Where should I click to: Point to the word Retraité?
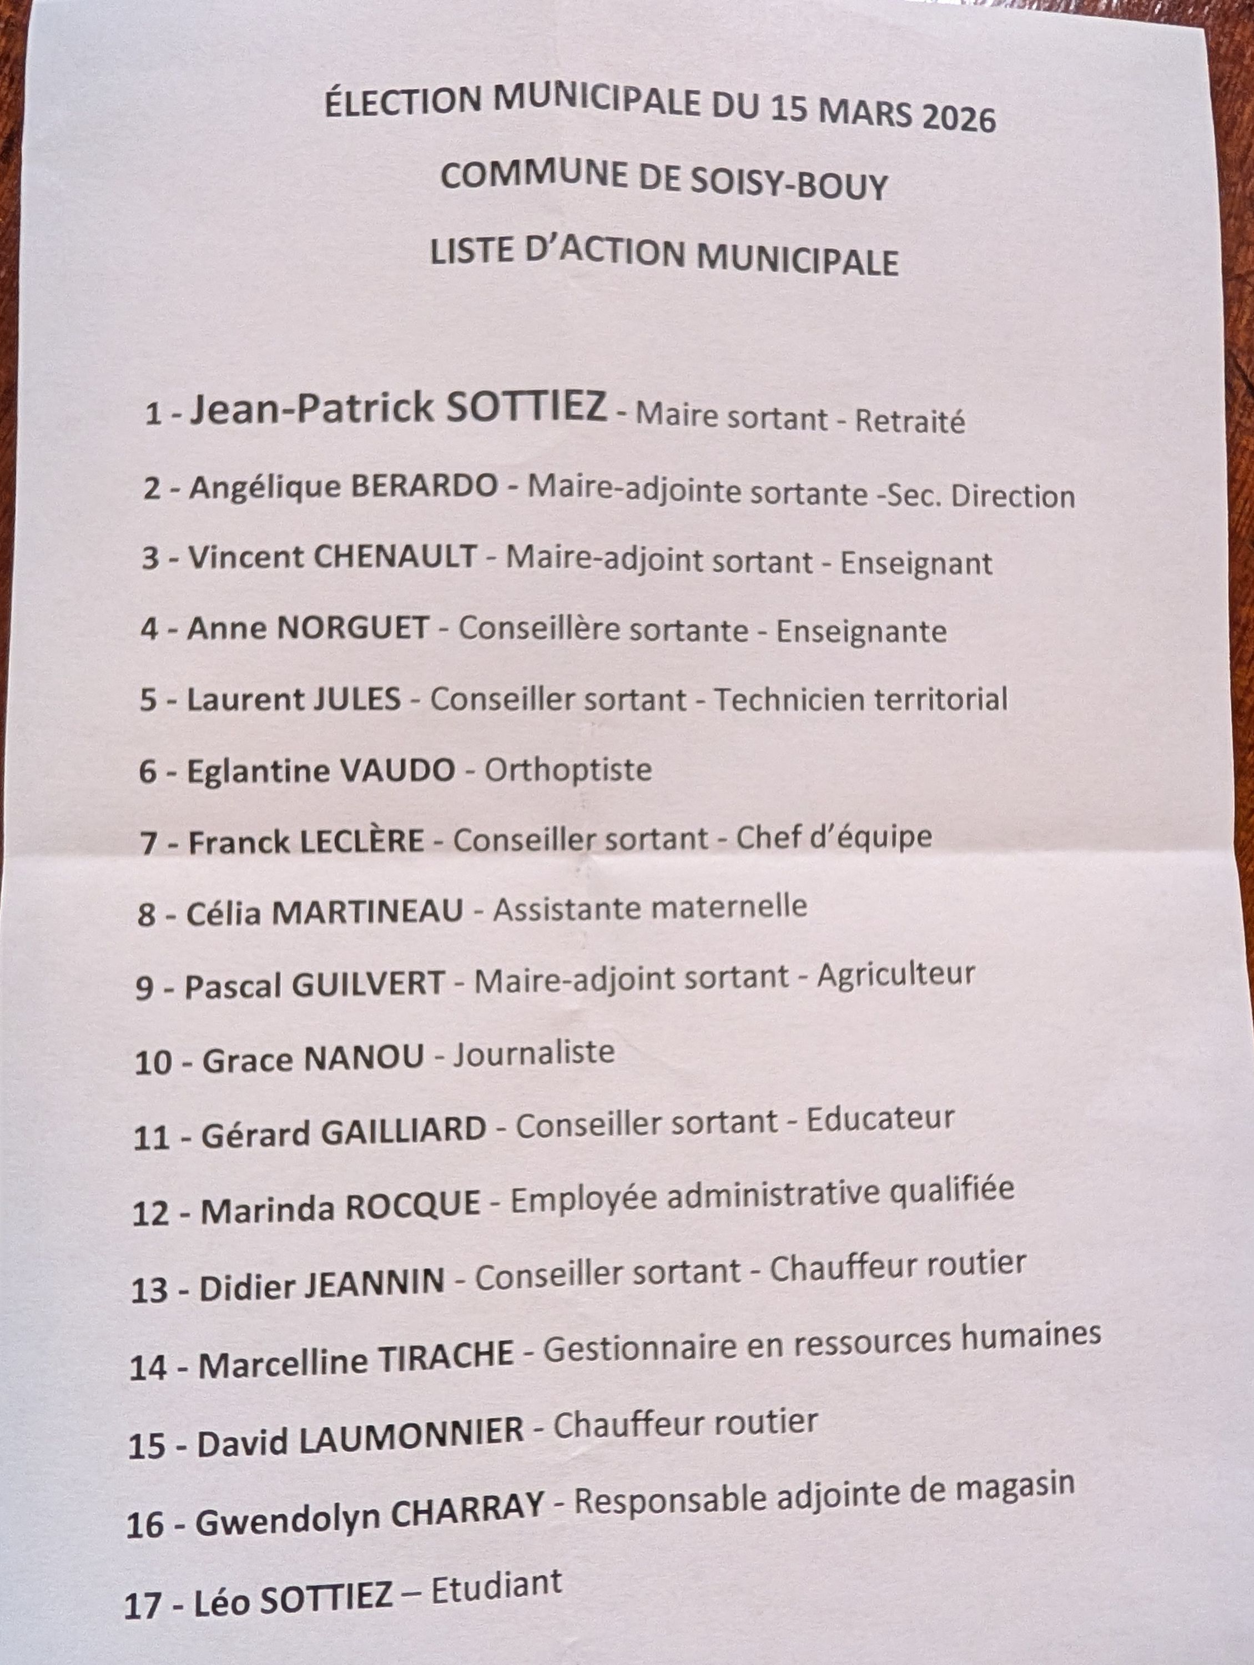tap(909, 420)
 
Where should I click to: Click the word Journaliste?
tap(533, 1052)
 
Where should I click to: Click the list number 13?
tap(149, 1290)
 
